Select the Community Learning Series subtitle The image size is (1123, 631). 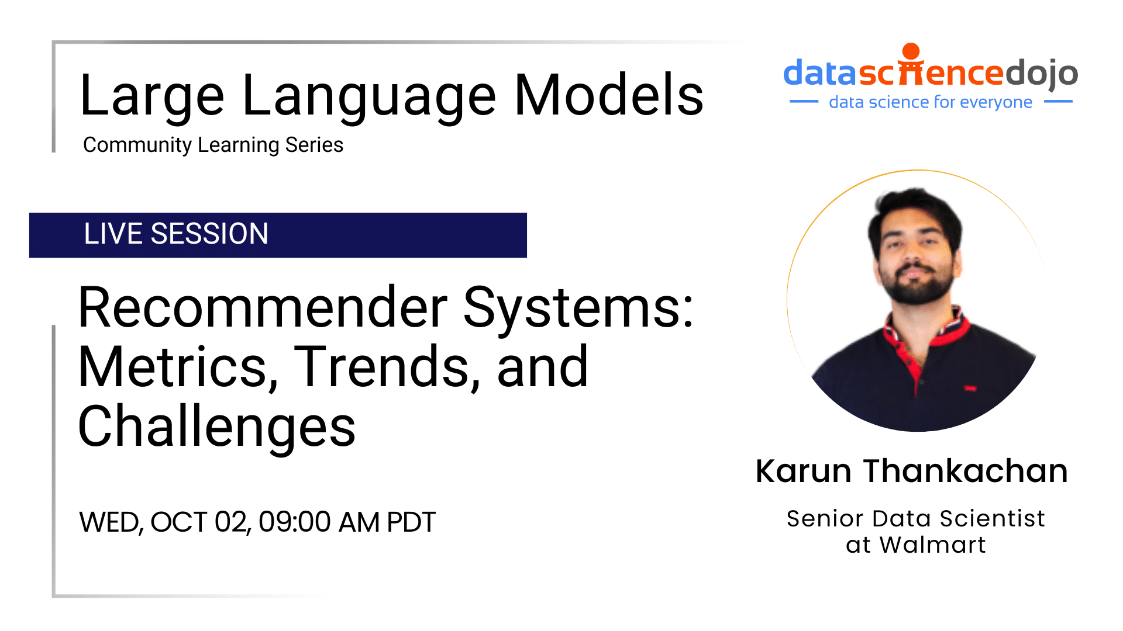click(x=213, y=145)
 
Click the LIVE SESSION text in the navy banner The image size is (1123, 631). click(x=176, y=234)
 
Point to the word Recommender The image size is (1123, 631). click(x=263, y=308)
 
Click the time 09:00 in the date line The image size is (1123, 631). click(x=294, y=522)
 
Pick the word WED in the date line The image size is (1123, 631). click(x=111, y=522)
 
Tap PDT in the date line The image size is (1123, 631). click(x=411, y=522)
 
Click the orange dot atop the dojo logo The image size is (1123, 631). click(x=911, y=51)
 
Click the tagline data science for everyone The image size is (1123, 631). click(x=930, y=102)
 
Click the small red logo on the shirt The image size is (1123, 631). click(x=970, y=389)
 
